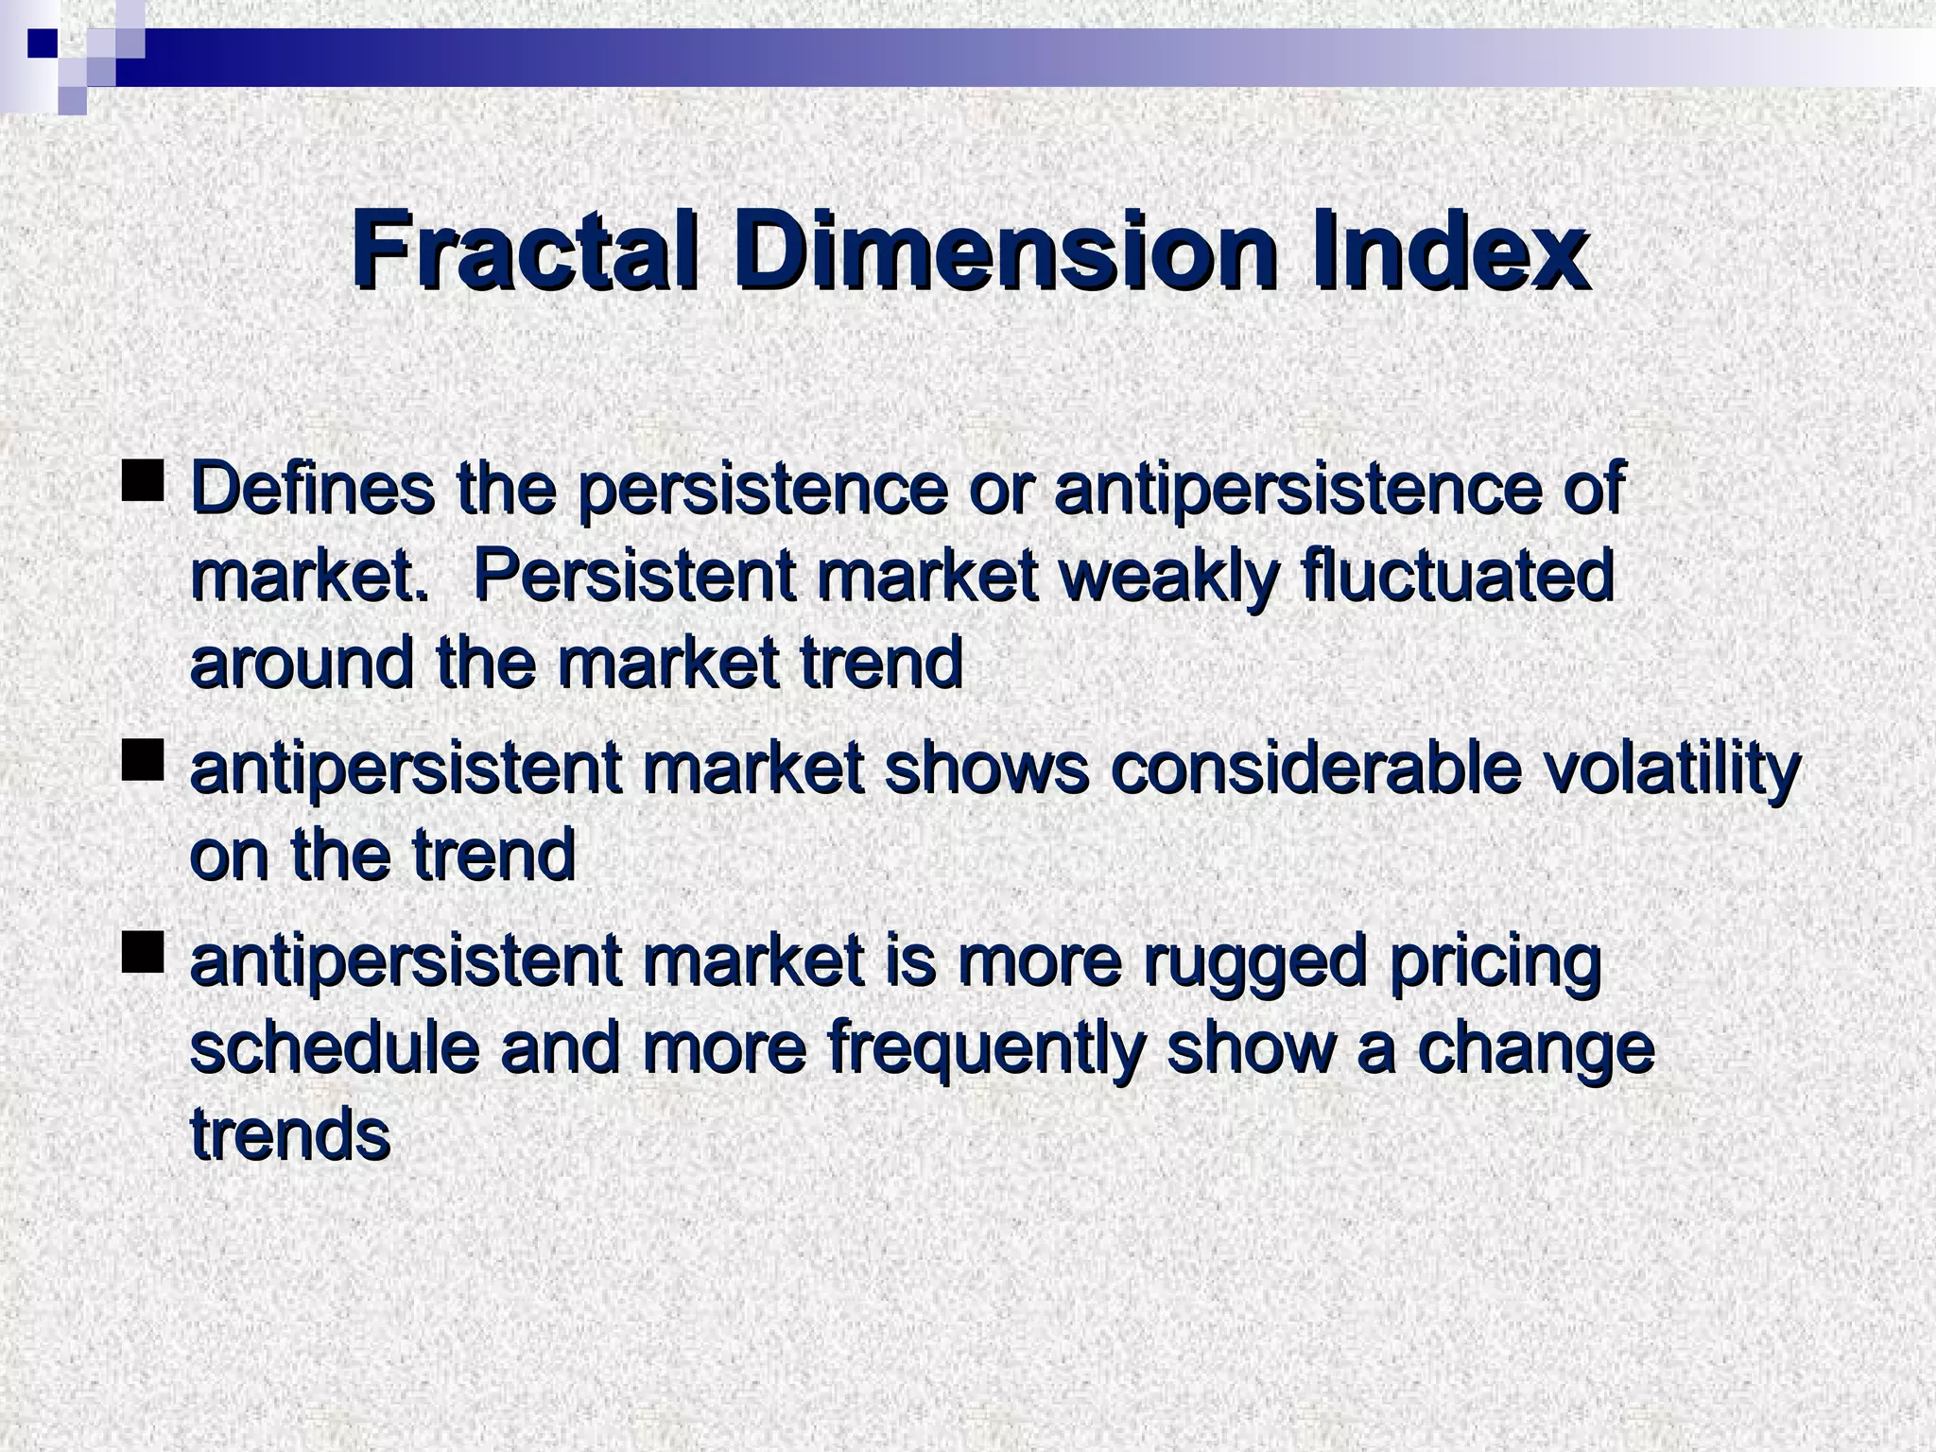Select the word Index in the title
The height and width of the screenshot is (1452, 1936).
[x=1447, y=251]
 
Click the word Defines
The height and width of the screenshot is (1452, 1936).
[x=313, y=489]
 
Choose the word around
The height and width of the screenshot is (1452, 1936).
[x=302, y=664]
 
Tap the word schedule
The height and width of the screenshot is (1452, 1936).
[x=336, y=1048]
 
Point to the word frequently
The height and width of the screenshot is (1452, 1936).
[x=983, y=1048]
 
